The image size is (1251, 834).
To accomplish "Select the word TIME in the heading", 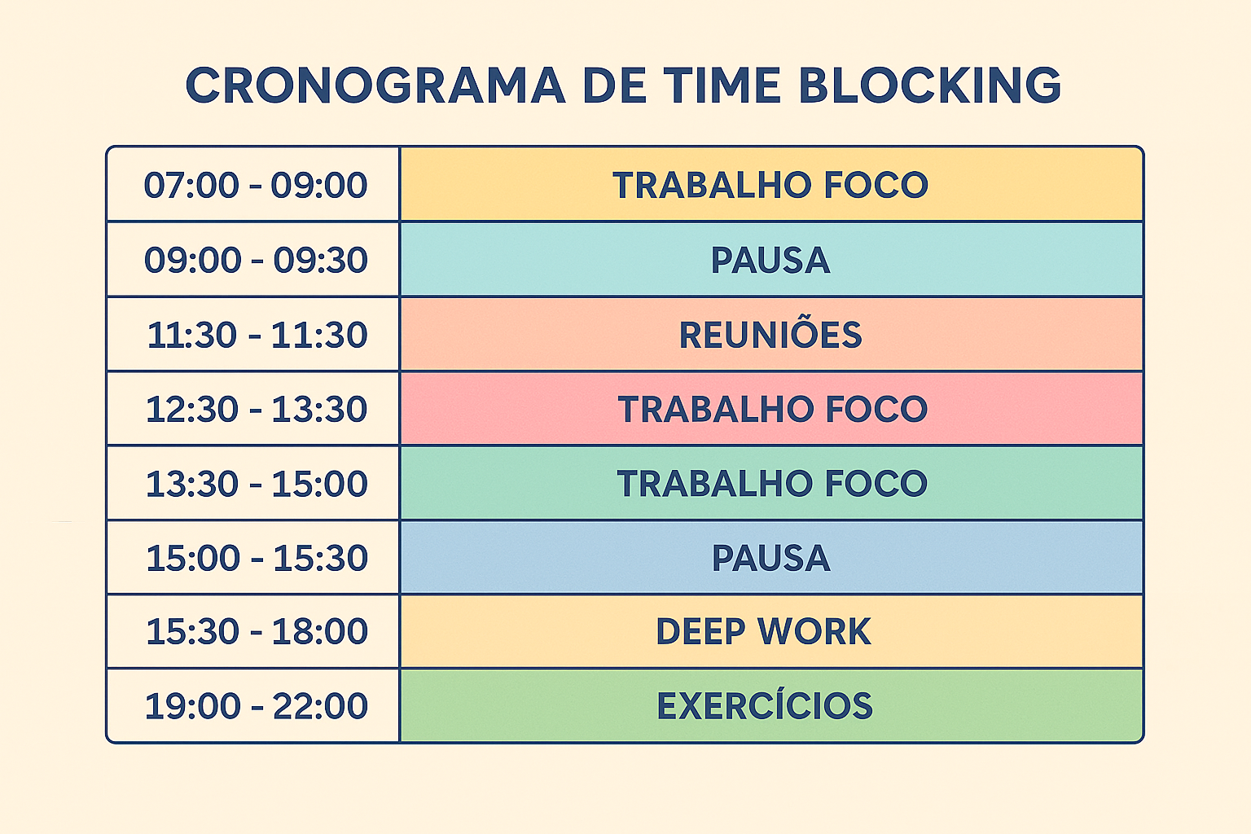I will (x=722, y=86).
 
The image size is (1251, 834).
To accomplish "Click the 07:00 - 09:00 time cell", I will (x=256, y=186).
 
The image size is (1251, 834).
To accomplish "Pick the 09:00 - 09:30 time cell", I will (x=256, y=261).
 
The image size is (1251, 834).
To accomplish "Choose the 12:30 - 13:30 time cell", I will (x=256, y=410).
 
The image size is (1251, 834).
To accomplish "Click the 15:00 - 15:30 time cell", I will (x=256, y=559).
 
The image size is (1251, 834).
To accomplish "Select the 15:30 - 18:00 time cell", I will (x=256, y=632).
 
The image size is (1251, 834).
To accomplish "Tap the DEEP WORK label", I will (x=763, y=632).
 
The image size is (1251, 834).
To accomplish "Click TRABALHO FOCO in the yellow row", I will (x=770, y=186).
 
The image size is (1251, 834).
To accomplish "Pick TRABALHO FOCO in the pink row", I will (x=772, y=410).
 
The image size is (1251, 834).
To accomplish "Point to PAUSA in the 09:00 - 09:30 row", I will (x=770, y=261).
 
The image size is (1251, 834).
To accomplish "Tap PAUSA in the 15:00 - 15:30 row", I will (x=770, y=559).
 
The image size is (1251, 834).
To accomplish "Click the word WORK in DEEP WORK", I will (x=814, y=632).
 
